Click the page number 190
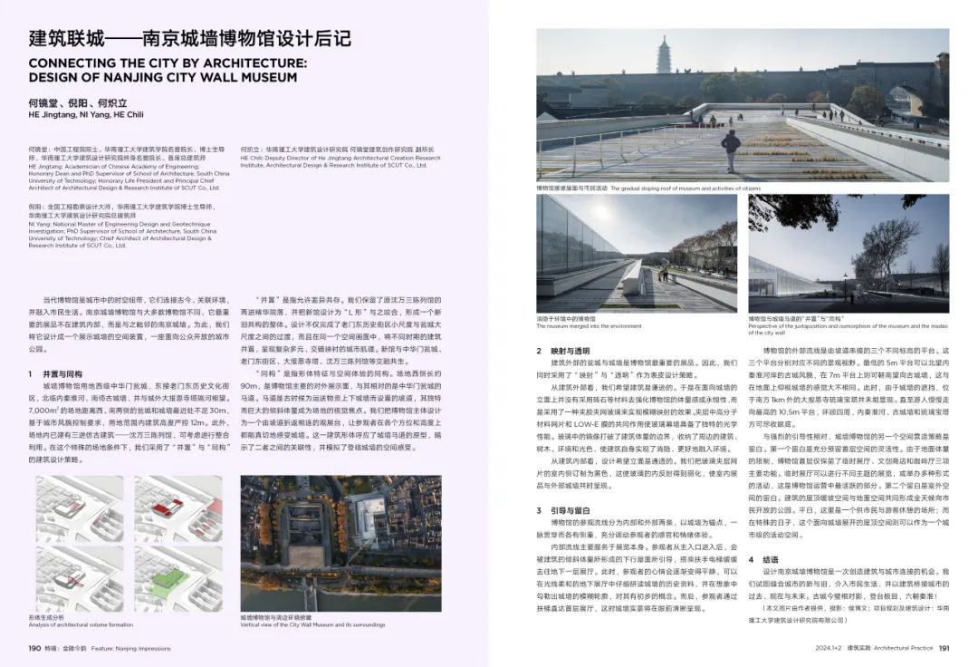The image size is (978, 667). pyautogui.click(x=34, y=648)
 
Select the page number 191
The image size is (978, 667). pyautogui.click(x=943, y=648)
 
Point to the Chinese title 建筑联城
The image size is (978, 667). pyautogui.click(x=67, y=39)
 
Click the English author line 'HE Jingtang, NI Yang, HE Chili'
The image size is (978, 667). pyautogui.click(x=86, y=115)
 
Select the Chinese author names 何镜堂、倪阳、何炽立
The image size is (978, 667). pyautogui.click(x=72, y=103)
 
